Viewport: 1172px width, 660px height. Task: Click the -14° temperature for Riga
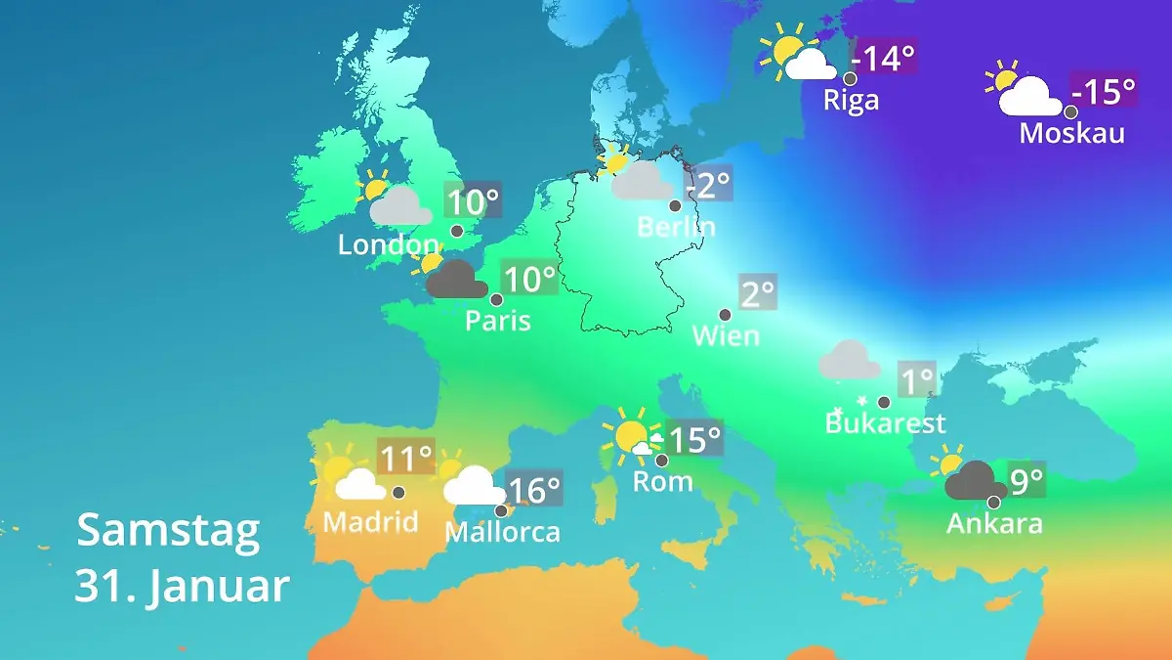[886, 59]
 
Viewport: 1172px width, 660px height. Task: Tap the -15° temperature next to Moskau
[1105, 92]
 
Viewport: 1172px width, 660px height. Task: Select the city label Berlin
[676, 227]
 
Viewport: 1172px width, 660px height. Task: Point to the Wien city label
[726, 335]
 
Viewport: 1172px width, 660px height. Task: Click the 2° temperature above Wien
[758, 292]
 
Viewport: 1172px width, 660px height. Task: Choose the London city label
[388, 244]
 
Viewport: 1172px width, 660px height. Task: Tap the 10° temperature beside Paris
[528, 280]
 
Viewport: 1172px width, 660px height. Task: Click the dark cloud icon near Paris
[457, 280]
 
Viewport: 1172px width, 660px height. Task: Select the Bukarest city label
[885, 423]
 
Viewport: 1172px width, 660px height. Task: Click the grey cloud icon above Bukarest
[849, 360]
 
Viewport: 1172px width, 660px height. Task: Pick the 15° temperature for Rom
[694, 439]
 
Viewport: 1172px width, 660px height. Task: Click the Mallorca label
[502, 532]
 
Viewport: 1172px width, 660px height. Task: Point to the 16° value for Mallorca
[533, 487]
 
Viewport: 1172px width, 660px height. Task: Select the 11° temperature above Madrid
[405, 457]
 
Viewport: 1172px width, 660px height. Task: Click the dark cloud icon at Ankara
[975, 481]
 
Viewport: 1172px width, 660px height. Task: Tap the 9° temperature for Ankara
[1026, 479]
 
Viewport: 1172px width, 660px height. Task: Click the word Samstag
[168, 530]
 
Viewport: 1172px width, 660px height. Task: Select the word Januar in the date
[220, 587]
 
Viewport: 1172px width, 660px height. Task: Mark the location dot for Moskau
[1070, 111]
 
